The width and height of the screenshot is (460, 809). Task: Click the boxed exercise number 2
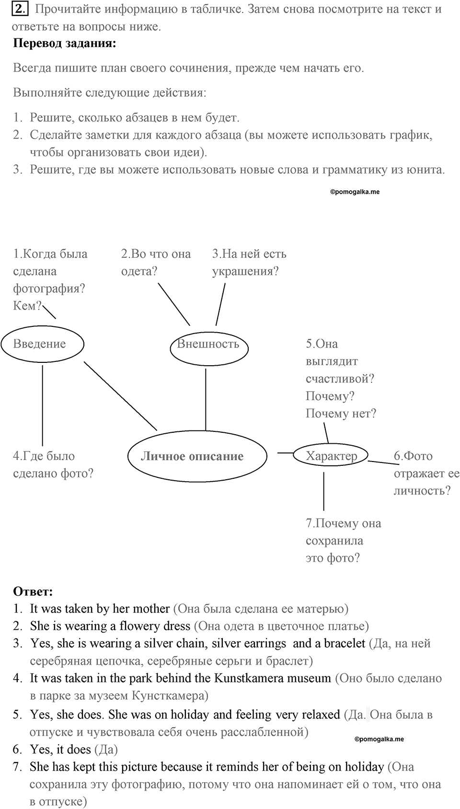tap(20, 9)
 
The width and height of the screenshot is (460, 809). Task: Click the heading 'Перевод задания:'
tap(64, 44)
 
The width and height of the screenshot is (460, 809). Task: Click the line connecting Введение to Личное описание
tap(121, 396)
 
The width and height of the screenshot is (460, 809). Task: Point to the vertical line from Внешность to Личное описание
tap(206, 399)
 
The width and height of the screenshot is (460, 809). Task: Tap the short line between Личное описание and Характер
tap(285, 452)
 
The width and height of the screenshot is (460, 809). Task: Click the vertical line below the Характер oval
tap(323, 491)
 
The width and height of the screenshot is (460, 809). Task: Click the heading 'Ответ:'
tap(33, 592)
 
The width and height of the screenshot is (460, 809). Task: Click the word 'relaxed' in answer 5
tap(321, 715)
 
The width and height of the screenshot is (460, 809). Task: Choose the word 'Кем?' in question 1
tap(27, 306)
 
